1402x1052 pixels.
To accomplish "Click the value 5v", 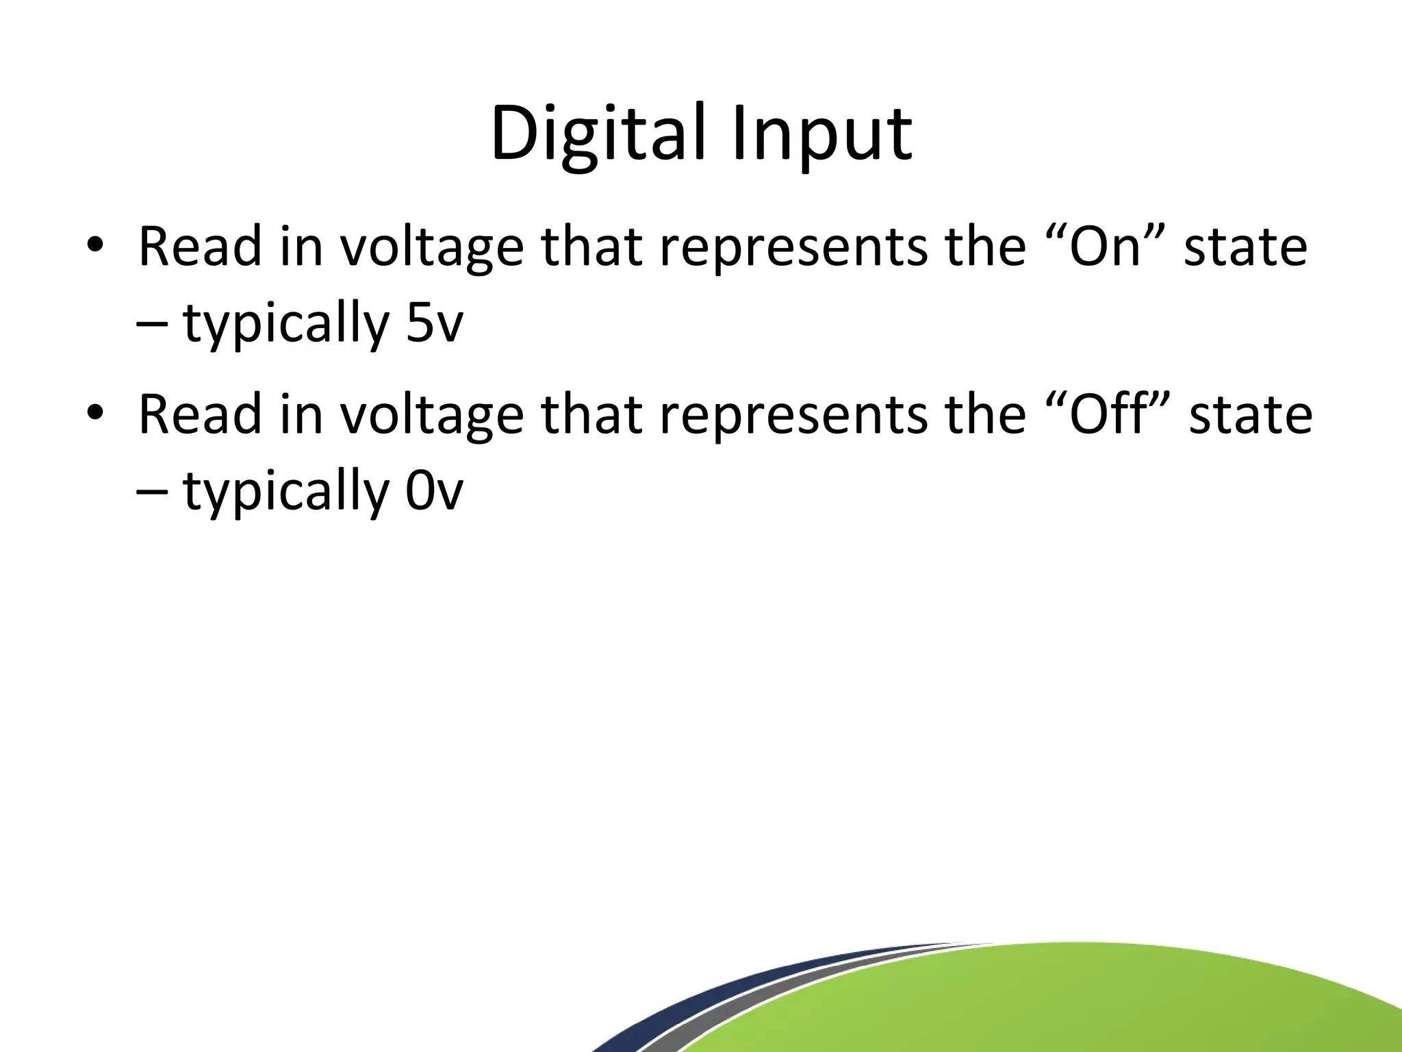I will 434,323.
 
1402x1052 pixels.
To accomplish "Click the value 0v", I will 434,491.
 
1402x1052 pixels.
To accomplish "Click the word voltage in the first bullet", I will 433,247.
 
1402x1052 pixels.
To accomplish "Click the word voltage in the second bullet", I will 433,414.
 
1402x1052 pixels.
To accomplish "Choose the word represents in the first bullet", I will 794,247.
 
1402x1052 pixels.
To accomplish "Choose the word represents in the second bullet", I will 794,414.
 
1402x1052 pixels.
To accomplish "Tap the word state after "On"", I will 1246,245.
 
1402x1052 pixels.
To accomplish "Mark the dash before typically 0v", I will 154,492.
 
